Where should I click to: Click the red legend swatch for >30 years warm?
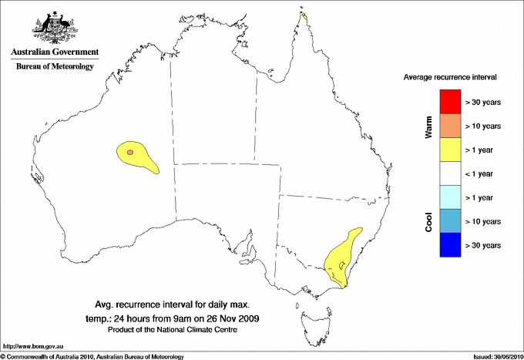coord(450,102)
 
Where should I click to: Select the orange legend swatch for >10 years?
coord(450,126)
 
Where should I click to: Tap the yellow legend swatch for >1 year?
coord(450,150)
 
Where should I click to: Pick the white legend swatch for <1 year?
coord(450,173)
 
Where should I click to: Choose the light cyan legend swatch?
coord(450,197)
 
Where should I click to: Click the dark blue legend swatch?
coord(450,245)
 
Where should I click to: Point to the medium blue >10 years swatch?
coord(450,221)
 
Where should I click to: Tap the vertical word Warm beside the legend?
coord(428,126)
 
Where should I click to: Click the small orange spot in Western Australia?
coord(130,153)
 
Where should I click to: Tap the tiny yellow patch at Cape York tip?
coord(304,15)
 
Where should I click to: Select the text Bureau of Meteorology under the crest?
coord(55,67)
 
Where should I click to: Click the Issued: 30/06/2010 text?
coord(496,356)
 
